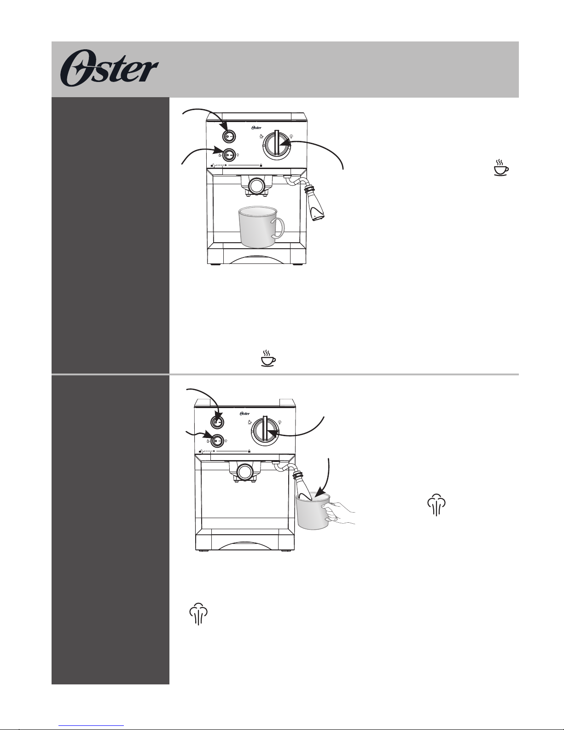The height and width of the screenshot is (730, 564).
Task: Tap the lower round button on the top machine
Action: pos(229,154)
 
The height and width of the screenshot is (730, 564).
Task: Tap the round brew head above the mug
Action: pos(256,186)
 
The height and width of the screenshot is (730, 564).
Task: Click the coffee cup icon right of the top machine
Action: pos(501,168)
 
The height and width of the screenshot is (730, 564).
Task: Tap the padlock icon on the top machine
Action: pos(261,164)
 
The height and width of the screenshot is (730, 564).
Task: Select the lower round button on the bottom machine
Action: pos(218,440)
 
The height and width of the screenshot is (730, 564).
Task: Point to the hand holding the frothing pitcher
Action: pos(341,512)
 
